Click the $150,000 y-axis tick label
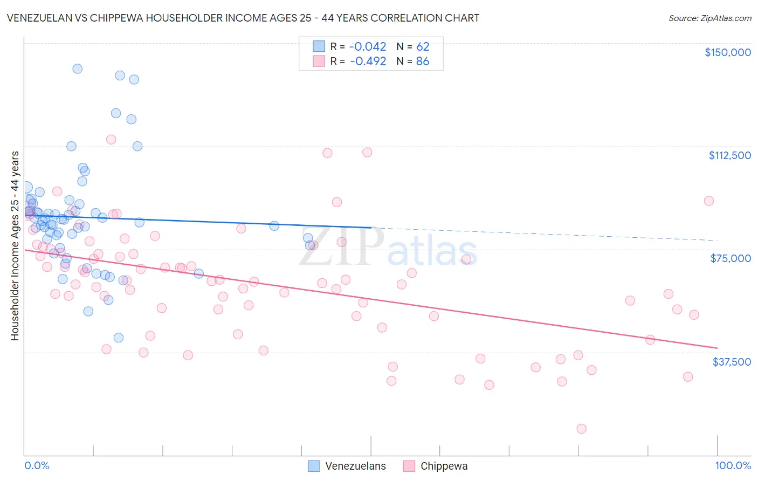(x=727, y=52)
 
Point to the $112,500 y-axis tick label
(x=729, y=155)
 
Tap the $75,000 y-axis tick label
(x=731, y=258)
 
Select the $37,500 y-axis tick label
(x=732, y=361)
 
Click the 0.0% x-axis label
(x=37, y=465)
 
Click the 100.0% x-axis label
(x=733, y=465)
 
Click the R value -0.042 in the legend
(x=368, y=47)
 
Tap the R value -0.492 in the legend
(x=368, y=61)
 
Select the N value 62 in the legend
(x=423, y=47)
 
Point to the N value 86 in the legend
(x=423, y=61)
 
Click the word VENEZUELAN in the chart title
(x=44, y=18)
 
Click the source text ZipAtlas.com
(x=726, y=18)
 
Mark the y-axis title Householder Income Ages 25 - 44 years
(x=15, y=245)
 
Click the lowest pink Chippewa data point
(x=581, y=429)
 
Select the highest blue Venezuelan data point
(x=77, y=68)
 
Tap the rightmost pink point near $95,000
(x=709, y=201)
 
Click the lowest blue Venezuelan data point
(x=119, y=338)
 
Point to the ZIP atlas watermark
(x=388, y=248)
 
